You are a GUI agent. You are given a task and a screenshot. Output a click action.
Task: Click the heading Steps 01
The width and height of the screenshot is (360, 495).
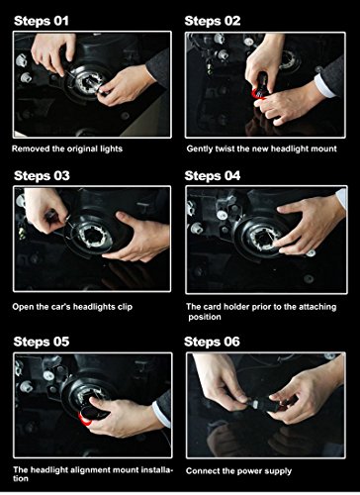click(x=42, y=21)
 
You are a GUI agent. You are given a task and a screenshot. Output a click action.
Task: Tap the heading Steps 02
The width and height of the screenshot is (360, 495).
click(x=213, y=21)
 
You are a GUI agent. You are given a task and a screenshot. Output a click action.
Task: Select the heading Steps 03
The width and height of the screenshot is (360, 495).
click(x=42, y=175)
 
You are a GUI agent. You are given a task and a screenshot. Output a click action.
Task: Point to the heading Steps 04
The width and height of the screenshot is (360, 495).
click(x=213, y=175)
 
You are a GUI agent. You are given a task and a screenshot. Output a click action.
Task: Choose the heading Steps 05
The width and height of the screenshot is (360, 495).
click(x=42, y=342)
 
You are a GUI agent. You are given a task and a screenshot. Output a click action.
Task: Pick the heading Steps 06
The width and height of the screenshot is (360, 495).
click(x=212, y=342)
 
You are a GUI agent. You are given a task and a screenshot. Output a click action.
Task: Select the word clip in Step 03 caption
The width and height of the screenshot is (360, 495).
click(x=126, y=307)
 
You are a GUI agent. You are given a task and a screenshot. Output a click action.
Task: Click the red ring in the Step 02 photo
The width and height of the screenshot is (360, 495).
click(x=258, y=94)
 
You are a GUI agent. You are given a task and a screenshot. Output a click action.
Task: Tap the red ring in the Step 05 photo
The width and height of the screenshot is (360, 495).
click(x=84, y=419)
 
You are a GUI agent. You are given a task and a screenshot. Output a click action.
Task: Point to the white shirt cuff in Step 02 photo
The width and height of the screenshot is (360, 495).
click(x=324, y=86)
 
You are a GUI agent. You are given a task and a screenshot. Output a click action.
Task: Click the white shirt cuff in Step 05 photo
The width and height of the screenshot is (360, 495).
click(x=162, y=414)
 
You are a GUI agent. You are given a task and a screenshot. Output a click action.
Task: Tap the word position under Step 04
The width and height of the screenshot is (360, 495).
click(x=205, y=318)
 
